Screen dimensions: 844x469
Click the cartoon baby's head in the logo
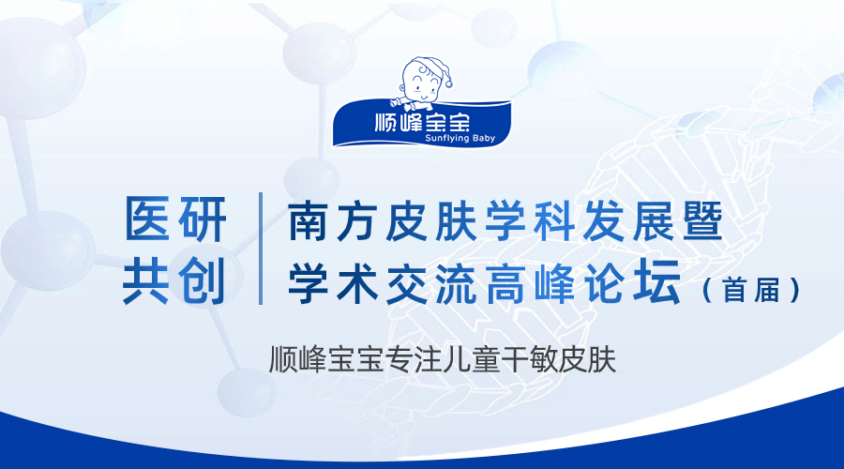(x=423, y=79)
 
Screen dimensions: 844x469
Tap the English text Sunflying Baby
(x=460, y=139)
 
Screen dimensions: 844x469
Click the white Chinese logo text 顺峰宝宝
(x=422, y=122)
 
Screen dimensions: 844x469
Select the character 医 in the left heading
(x=147, y=219)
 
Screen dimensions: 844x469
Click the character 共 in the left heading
(x=146, y=280)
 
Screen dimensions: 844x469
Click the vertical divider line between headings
(x=261, y=249)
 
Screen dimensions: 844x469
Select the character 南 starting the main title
(x=309, y=221)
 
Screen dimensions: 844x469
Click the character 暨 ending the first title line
(x=702, y=221)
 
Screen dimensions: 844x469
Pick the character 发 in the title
(x=603, y=221)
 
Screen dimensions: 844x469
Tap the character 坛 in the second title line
(x=657, y=282)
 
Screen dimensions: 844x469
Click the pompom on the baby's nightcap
(x=448, y=83)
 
